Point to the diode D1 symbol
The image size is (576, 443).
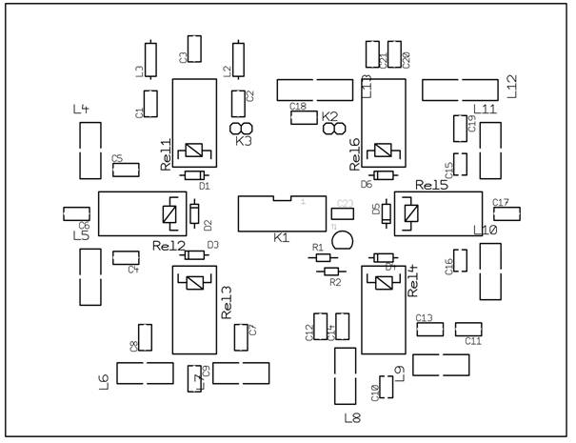[196, 174]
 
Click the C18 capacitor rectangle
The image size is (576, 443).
[304, 117]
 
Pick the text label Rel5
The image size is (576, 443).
[433, 184]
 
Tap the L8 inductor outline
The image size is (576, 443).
[344, 376]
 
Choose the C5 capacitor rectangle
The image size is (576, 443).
[125, 170]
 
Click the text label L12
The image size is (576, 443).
[511, 87]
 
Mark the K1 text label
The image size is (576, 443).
[281, 236]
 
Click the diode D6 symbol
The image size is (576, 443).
[384, 174]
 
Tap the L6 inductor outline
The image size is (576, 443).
[145, 373]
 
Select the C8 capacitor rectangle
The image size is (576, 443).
[146, 336]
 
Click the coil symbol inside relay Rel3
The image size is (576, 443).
[195, 282]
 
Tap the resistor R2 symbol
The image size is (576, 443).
[332, 271]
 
